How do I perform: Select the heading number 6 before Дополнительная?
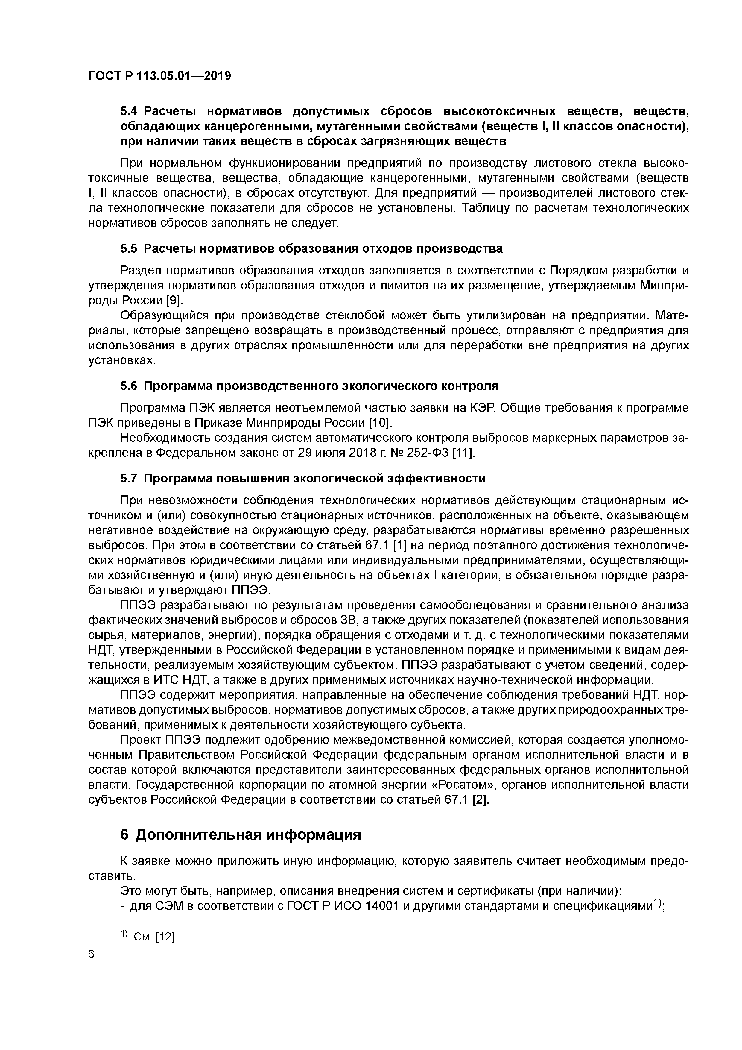pyautogui.click(x=124, y=834)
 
